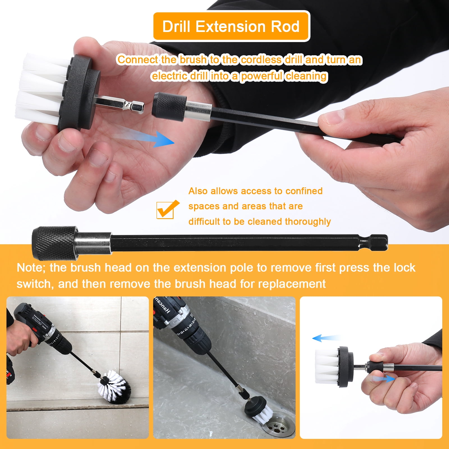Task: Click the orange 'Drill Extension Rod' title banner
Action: pyautogui.click(x=231, y=26)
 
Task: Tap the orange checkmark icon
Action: pyautogui.click(x=167, y=209)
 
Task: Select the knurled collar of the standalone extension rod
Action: pyautogui.click(x=55, y=243)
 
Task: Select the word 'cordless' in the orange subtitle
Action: pyautogui.click(x=261, y=60)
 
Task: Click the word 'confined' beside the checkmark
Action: pyautogui.click(x=304, y=191)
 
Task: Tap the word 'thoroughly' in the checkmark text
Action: pyautogui.click(x=308, y=222)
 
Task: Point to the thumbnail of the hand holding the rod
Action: pyautogui.click(x=371, y=367)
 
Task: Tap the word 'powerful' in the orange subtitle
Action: pyautogui.click(x=262, y=76)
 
